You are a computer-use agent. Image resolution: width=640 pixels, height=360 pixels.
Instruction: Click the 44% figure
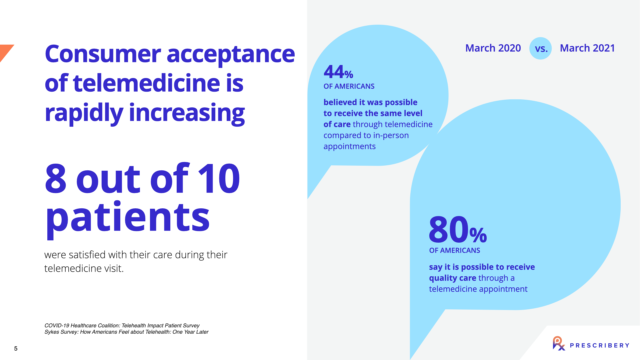[x=338, y=72]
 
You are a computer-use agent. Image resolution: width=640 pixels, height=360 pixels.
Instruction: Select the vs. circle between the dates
[x=540, y=48]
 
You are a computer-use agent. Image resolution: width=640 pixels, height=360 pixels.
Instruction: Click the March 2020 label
[x=493, y=48]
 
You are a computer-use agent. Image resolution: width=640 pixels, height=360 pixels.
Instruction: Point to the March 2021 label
[x=587, y=48]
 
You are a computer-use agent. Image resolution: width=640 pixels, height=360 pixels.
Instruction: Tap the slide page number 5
[x=16, y=348]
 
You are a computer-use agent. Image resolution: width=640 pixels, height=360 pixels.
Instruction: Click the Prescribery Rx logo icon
[x=559, y=344]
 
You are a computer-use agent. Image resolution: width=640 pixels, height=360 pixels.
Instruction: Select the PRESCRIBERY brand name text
[x=600, y=345]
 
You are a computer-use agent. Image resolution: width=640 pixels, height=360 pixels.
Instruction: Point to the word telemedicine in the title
[x=146, y=83]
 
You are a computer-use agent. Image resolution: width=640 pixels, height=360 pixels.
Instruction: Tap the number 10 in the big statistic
[x=219, y=178]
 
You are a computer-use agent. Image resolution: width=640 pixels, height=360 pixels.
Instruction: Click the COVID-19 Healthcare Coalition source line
[x=122, y=325]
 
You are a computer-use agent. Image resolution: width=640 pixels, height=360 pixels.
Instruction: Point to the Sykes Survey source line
[x=126, y=332]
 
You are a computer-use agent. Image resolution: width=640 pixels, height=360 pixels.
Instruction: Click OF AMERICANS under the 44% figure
[x=349, y=86]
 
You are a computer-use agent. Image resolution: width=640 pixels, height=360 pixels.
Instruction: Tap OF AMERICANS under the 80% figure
[x=455, y=250]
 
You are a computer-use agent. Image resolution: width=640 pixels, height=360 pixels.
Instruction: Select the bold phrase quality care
[x=453, y=278]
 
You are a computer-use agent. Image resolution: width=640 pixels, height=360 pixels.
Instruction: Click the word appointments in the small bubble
[x=350, y=146]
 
